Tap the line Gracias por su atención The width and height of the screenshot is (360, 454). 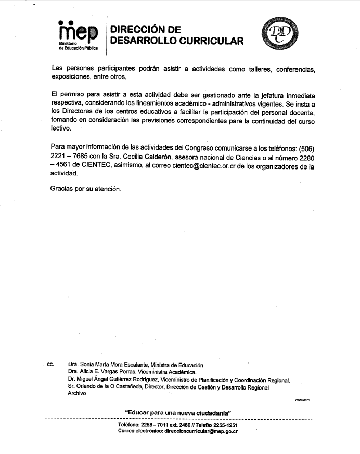(x=85, y=188)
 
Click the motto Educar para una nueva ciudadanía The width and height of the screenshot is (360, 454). (x=178, y=413)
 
